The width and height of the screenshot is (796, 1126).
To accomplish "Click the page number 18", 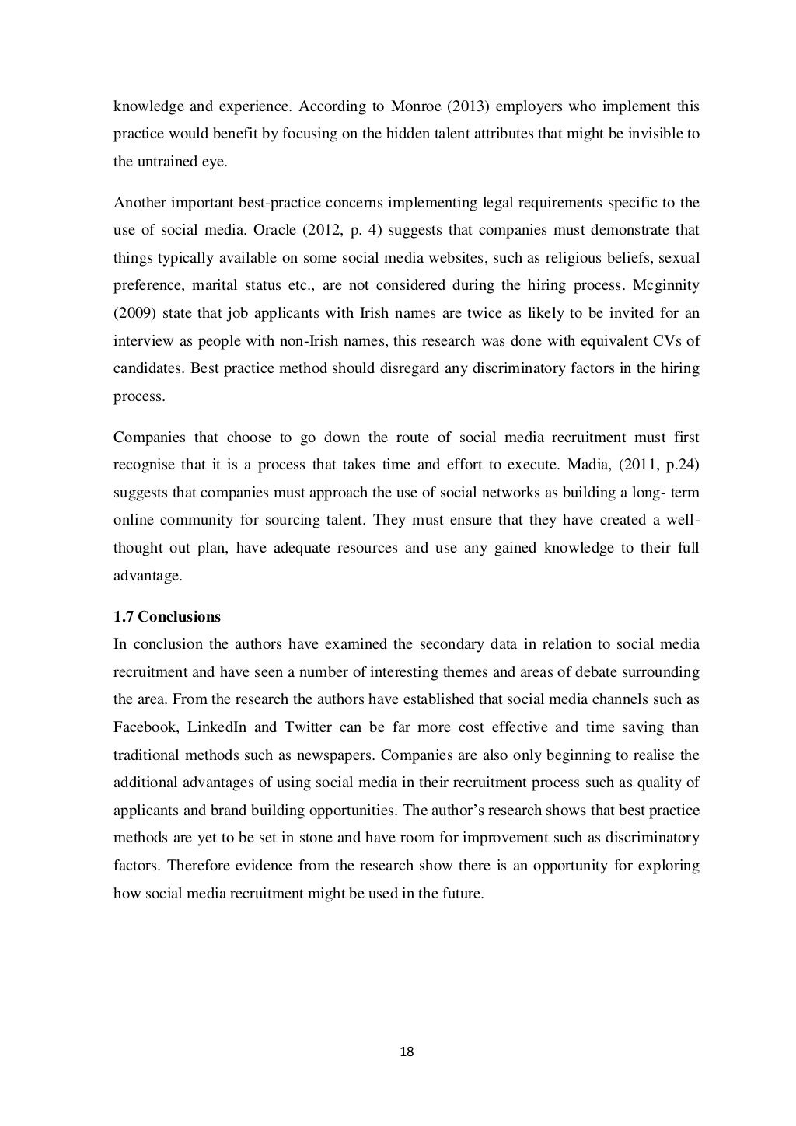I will (407, 1052).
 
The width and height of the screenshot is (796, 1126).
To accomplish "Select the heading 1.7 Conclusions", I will (167, 617).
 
